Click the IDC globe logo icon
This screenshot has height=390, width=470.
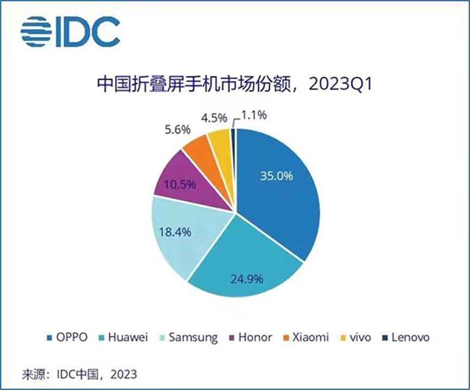coord(36,32)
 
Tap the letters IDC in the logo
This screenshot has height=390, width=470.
coord(87,32)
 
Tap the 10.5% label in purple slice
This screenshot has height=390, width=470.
coord(180,184)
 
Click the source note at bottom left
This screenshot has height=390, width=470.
coord(79,374)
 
